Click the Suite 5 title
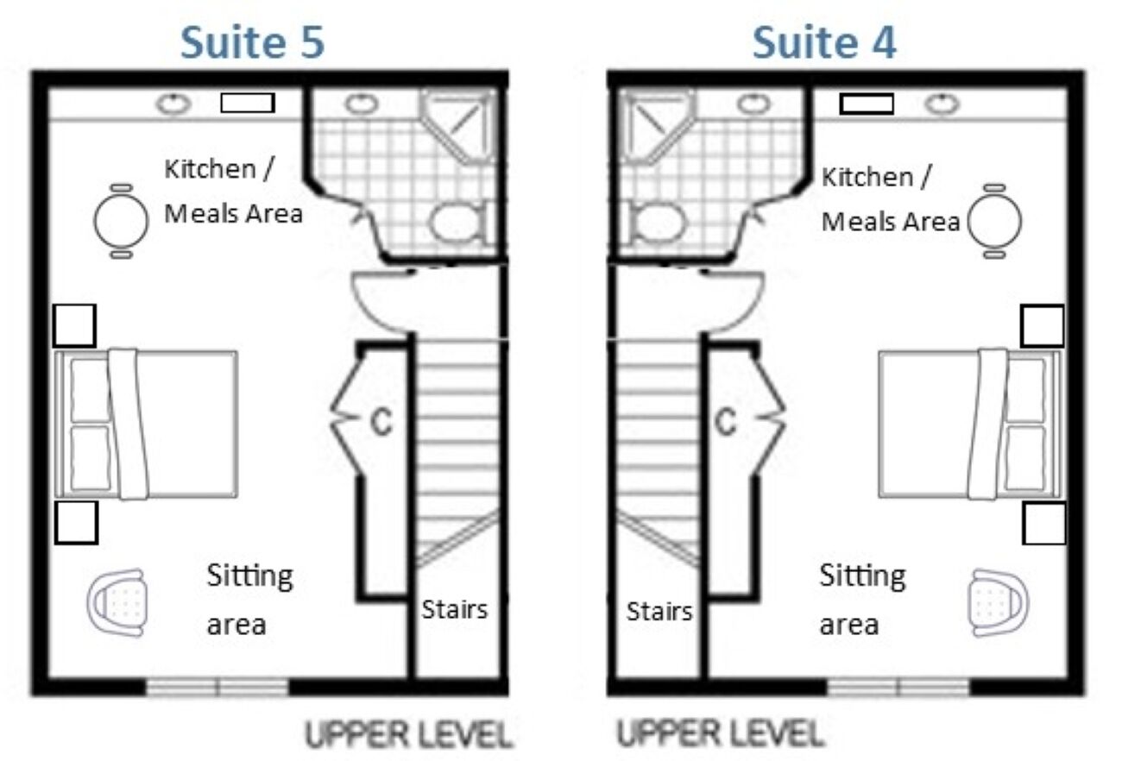(x=252, y=42)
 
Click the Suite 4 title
(x=824, y=42)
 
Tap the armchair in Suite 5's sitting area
(x=117, y=602)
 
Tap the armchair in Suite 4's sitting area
(x=999, y=602)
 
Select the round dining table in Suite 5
(x=121, y=221)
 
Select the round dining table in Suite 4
(x=994, y=221)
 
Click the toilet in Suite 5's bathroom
(x=458, y=222)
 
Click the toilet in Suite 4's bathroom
(x=656, y=222)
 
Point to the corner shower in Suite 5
(x=458, y=126)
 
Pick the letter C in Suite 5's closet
(x=381, y=422)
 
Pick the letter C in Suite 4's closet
(x=725, y=422)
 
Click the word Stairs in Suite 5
(x=454, y=609)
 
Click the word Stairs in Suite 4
(x=659, y=612)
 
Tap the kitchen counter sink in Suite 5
(x=173, y=104)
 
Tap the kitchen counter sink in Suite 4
(x=942, y=104)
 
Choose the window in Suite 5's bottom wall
(x=217, y=687)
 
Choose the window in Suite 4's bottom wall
(x=898, y=687)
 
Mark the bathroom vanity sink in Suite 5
(x=362, y=104)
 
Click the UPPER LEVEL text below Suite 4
(x=720, y=733)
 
